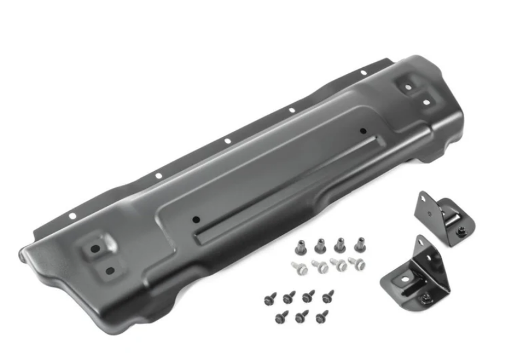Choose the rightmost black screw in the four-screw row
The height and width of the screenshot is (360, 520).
click(x=328, y=296)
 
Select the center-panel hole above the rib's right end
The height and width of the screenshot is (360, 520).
click(x=362, y=130)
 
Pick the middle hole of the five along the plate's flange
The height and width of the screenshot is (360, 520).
click(x=227, y=141)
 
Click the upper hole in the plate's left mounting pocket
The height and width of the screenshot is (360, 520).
click(x=95, y=248)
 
